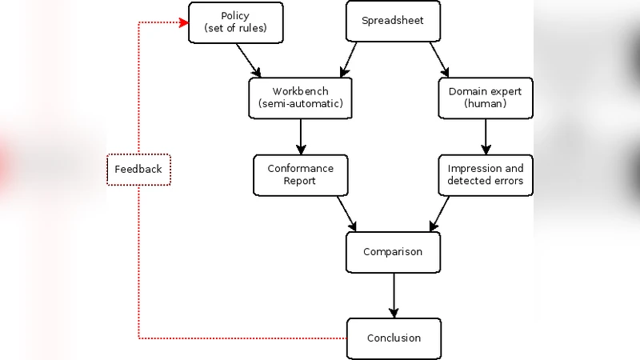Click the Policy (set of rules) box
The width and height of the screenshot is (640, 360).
235,22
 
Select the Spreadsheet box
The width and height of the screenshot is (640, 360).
393,22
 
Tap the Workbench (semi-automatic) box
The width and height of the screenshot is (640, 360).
301,98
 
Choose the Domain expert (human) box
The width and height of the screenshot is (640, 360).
486,98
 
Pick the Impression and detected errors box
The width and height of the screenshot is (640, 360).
486,174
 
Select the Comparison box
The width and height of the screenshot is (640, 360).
393,251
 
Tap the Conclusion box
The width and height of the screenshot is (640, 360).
393,338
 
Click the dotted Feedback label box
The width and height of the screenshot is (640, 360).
138,169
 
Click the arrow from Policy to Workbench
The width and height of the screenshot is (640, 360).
250,60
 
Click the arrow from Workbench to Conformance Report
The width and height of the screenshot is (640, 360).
301,136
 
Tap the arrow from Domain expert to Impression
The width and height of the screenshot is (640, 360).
486,136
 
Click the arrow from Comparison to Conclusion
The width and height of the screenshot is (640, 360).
393,294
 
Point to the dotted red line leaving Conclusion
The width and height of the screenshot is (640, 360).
240,338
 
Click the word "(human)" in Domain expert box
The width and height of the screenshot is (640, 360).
486,105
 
